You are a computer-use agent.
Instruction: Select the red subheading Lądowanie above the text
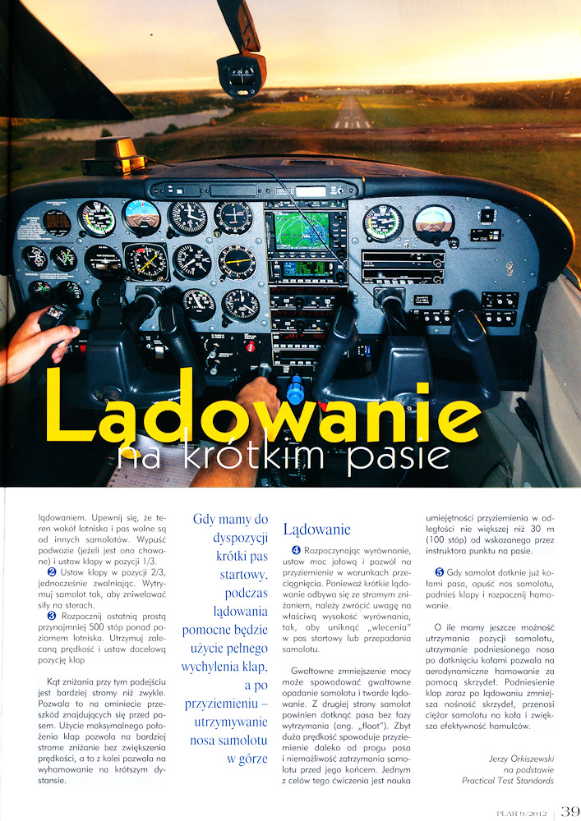point(316,529)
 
